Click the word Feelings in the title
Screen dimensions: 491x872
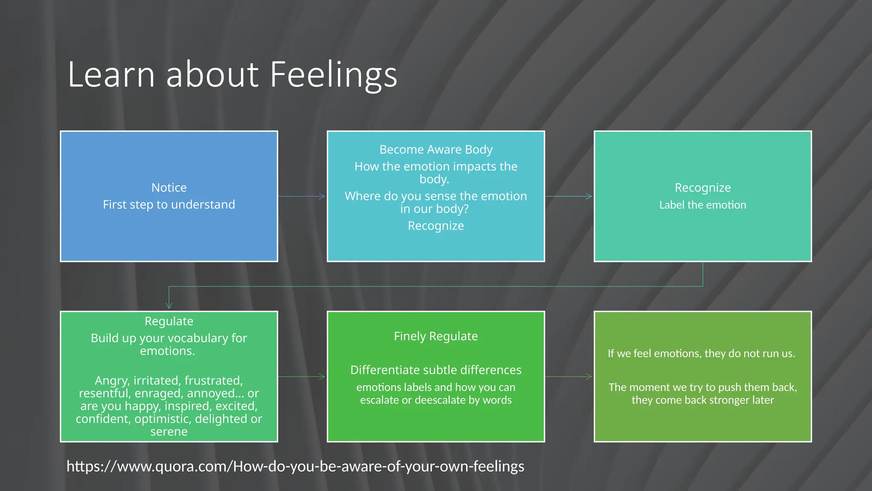333,75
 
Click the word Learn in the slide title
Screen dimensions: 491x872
111,75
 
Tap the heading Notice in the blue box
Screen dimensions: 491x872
169,188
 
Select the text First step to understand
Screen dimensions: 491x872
169,205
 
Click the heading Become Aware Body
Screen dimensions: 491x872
436,150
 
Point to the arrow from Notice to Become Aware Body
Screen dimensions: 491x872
302,196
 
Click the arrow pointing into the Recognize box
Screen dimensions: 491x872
569,196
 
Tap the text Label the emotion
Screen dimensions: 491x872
703,205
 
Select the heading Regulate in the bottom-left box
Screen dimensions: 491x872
169,321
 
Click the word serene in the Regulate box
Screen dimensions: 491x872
169,432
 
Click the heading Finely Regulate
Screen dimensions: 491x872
436,336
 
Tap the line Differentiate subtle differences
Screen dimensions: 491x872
436,370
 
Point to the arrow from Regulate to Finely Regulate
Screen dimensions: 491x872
302,377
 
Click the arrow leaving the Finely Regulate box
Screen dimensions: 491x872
569,377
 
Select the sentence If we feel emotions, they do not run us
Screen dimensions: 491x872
701,353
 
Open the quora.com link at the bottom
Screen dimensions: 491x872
295,466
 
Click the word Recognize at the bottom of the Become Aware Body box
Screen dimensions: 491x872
436,226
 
